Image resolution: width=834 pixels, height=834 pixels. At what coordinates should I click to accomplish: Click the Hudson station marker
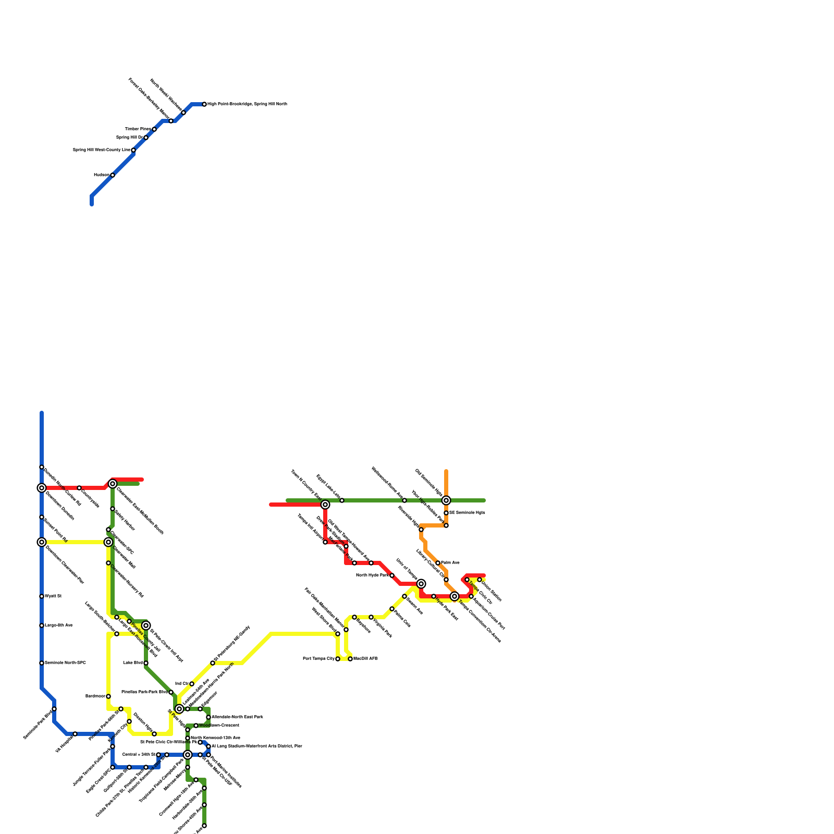(113, 175)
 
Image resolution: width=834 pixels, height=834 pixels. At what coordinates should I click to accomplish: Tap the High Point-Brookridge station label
(247, 104)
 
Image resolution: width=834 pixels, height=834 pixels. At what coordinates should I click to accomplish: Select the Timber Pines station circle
(154, 129)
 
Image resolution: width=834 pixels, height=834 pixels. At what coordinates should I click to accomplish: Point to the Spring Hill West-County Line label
(101, 150)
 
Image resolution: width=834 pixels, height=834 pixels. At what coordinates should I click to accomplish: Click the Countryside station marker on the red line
(79, 488)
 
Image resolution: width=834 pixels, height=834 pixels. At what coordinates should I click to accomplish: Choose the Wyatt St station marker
(42, 596)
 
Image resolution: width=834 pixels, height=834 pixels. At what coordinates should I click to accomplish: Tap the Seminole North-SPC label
(65, 663)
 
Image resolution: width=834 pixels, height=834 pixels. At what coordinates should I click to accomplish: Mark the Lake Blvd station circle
(146, 663)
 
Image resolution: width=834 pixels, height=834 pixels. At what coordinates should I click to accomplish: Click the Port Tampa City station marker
(338, 659)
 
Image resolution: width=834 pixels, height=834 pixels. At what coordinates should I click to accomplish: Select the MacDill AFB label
(365, 659)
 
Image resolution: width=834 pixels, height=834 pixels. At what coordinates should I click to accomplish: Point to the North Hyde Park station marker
(392, 575)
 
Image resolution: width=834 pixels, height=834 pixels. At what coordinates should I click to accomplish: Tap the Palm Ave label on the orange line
(450, 563)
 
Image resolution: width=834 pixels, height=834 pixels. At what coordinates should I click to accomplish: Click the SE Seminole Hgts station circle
(446, 513)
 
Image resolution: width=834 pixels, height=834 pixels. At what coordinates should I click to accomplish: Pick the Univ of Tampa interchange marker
(421, 584)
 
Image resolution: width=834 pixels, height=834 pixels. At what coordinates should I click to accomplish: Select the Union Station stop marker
(480, 580)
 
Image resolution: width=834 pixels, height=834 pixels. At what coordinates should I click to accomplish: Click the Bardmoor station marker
(108, 696)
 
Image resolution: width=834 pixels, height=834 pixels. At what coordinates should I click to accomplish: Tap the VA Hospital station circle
(75, 734)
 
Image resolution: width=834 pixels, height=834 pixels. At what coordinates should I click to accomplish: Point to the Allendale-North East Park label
(237, 717)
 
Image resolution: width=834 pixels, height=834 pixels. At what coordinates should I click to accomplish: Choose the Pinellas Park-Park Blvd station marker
(171, 692)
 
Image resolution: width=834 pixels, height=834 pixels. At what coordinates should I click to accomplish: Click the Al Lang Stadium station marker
(208, 746)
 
